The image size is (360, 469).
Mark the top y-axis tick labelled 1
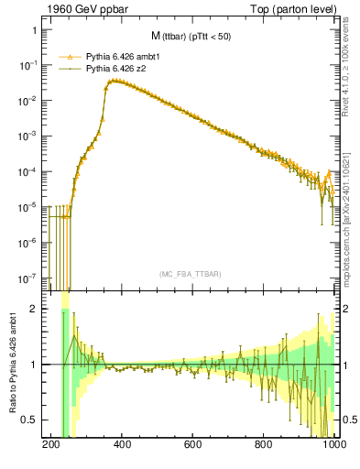[39, 30]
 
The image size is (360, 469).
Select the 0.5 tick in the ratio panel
[35, 420]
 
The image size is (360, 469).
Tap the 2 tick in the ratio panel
[39, 309]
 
